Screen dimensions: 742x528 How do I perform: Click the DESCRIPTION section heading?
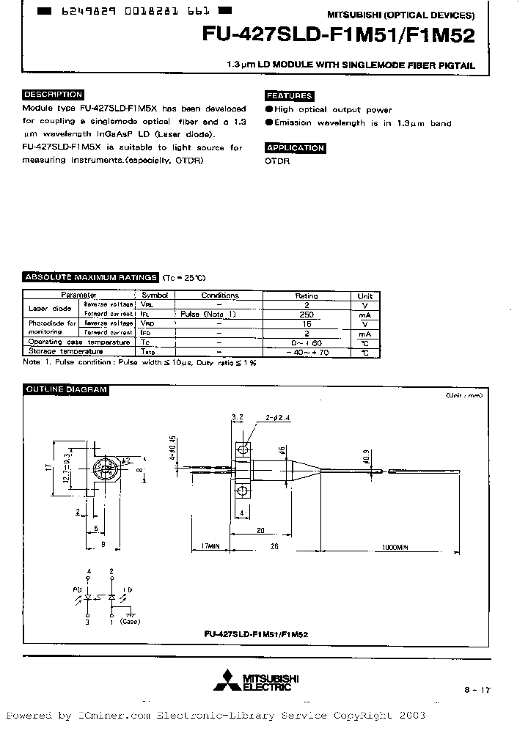[x=53, y=95]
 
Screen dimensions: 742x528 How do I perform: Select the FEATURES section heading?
[x=289, y=95]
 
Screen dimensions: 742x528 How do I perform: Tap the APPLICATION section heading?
[x=295, y=147]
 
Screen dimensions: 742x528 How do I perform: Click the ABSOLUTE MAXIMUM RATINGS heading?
[x=91, y=277]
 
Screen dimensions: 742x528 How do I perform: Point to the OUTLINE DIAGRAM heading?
[x=66, y=389]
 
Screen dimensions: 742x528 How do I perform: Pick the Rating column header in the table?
[x=307, y=295]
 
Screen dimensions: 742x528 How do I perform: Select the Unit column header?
[x=364, y=295]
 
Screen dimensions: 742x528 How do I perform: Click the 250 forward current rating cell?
[x=307, y=314]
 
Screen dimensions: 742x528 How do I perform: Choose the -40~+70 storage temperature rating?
[x=307, y=352]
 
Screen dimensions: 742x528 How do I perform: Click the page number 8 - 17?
[x=475, y=689]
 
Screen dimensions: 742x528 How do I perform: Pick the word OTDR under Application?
[x=277, y=161]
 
